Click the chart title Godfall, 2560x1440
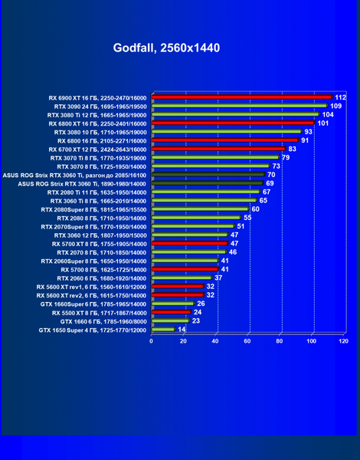click(166, 48)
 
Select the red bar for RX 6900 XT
click(242, 97)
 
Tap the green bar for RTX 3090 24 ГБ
click(240, 106)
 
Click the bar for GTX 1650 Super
click(163, 330)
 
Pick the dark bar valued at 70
click(208, 175)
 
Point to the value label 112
click(340, 97)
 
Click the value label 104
click(328, 115)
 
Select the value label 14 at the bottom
click(182, 330)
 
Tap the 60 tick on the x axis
click(247, 341)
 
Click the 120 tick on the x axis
click(343, 341)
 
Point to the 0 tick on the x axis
click(151, 341)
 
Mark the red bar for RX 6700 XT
click(219, 149)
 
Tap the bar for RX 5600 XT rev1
click(178, 286)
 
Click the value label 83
click(293, 149)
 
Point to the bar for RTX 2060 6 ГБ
click(182, 278)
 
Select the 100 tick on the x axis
click(311, 341)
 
